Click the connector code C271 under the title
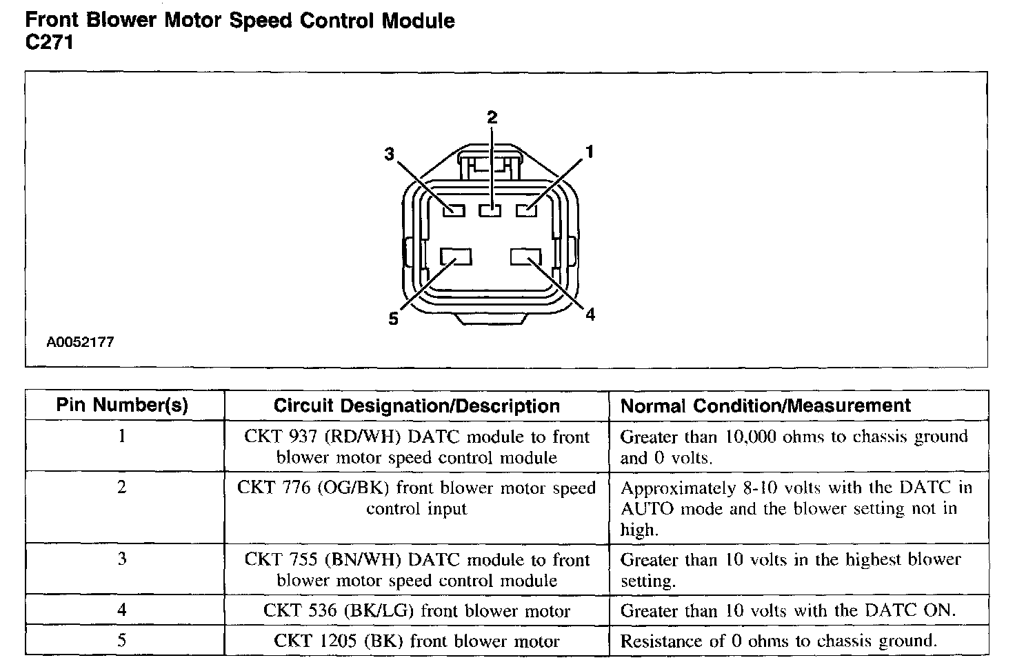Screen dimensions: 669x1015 tap(49, 43)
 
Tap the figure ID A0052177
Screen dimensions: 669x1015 tap(81, 342)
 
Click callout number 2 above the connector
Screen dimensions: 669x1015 tap(492, 117)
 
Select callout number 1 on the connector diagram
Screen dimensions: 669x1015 tap(589, 152)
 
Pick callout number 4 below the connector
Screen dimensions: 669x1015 tap(590, 315)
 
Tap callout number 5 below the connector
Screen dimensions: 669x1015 tap(393, 319)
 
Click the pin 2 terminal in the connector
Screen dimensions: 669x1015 tap(490, 210)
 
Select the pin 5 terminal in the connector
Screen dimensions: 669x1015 tap(456, 257)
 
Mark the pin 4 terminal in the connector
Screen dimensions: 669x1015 tap(526, 257)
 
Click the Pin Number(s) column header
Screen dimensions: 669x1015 tap(122, 406)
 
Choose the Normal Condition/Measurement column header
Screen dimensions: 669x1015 tap(765, 406)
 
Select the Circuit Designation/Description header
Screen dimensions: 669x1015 tap(416, 406)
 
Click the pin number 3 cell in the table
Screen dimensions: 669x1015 tap(122, 559)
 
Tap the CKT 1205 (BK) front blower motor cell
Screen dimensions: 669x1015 tap(416, 641)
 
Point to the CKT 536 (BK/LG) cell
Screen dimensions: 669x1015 tap(416, 611)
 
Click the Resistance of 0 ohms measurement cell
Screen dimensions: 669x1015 tap(778, 641)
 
